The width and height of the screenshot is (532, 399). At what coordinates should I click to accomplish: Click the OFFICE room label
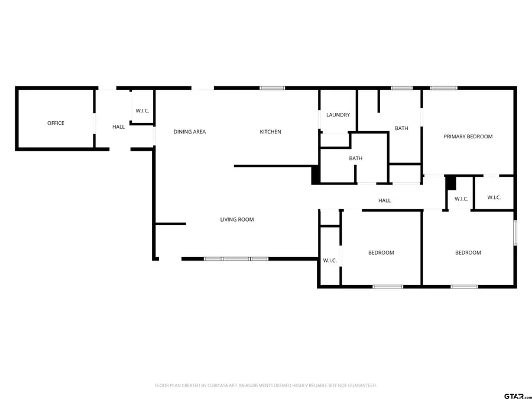(x=56, y=123)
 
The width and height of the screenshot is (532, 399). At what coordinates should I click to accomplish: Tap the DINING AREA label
(x=190, y=132)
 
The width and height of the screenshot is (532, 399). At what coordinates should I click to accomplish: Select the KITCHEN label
(x=271, y=132)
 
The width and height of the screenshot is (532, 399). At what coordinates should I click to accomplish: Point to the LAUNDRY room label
(x=338, y=115)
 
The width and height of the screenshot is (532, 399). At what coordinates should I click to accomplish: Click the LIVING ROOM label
(x=237, y=219)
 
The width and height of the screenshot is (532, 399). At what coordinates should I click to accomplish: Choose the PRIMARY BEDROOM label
(x=468, y=137)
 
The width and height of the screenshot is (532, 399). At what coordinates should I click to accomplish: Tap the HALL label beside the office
(x=119, y=126)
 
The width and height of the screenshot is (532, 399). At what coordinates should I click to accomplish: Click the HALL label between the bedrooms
(x=384, y=200)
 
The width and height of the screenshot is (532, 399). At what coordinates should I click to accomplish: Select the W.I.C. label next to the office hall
(x=142, y=111)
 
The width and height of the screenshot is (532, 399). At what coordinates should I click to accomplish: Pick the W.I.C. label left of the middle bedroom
(x=329, y=260)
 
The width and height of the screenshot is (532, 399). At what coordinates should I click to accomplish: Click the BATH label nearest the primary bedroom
(x=401, y=128)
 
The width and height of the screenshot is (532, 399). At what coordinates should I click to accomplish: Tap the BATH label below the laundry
(x=355, y=158)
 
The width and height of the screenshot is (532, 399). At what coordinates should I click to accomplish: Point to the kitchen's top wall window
(x=272, y=89)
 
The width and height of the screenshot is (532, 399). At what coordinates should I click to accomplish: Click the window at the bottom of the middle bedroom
(x=388, y=287)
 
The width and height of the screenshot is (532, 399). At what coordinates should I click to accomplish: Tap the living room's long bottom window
(x=236, y=258)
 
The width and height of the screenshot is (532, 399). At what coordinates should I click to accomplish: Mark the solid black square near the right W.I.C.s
(x=450, y=182)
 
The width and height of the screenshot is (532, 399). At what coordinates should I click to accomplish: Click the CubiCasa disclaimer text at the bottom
(x=265, y=385)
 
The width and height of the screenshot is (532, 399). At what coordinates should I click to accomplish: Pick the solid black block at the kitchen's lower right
(x=316, y=175)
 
